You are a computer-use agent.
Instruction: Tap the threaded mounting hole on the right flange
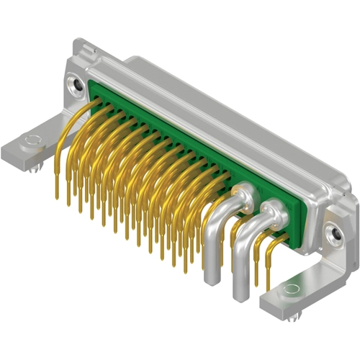coord(332,233)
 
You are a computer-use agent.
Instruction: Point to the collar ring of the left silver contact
coord(244,192)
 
